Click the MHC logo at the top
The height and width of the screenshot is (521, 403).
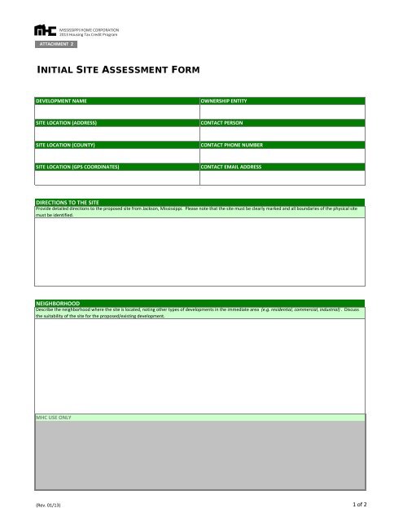(46, 30)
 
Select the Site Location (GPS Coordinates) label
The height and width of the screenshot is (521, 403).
(77, 166)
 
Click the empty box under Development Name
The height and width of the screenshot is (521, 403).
(116, 111)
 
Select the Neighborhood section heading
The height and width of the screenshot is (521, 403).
(58, 302)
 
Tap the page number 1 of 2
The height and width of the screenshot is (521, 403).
(361, 506)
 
